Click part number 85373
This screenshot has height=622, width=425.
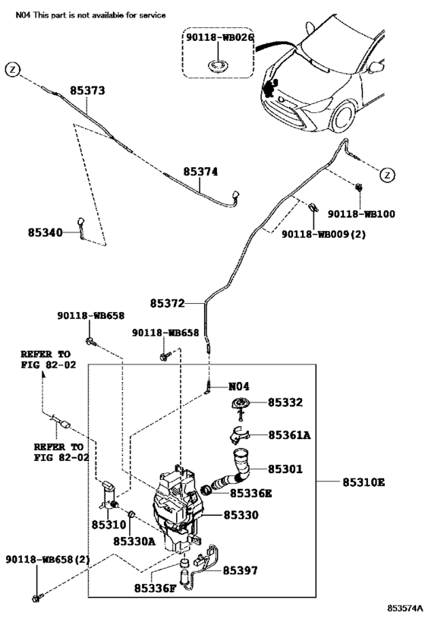point(87,90)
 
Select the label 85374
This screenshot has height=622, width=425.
point(200,172)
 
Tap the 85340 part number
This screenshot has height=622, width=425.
point(46,232)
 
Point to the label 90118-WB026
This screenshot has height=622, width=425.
point(219,37)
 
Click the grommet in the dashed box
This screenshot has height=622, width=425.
point(218,65)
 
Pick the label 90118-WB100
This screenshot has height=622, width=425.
point(361,214)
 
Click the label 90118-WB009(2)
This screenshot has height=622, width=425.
point(324,234)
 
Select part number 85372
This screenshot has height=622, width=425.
point(167,304)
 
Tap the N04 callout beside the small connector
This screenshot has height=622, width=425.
point(239,387)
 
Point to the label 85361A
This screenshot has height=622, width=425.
point(289,435)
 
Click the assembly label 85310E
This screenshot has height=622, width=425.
point(364,482)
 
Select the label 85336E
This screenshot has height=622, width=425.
point(251,493)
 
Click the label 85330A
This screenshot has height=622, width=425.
point(134,541)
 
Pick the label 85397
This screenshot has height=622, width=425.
point(241,570)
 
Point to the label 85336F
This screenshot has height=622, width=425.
point(155,589)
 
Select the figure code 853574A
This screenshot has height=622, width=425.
point(405,608)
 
